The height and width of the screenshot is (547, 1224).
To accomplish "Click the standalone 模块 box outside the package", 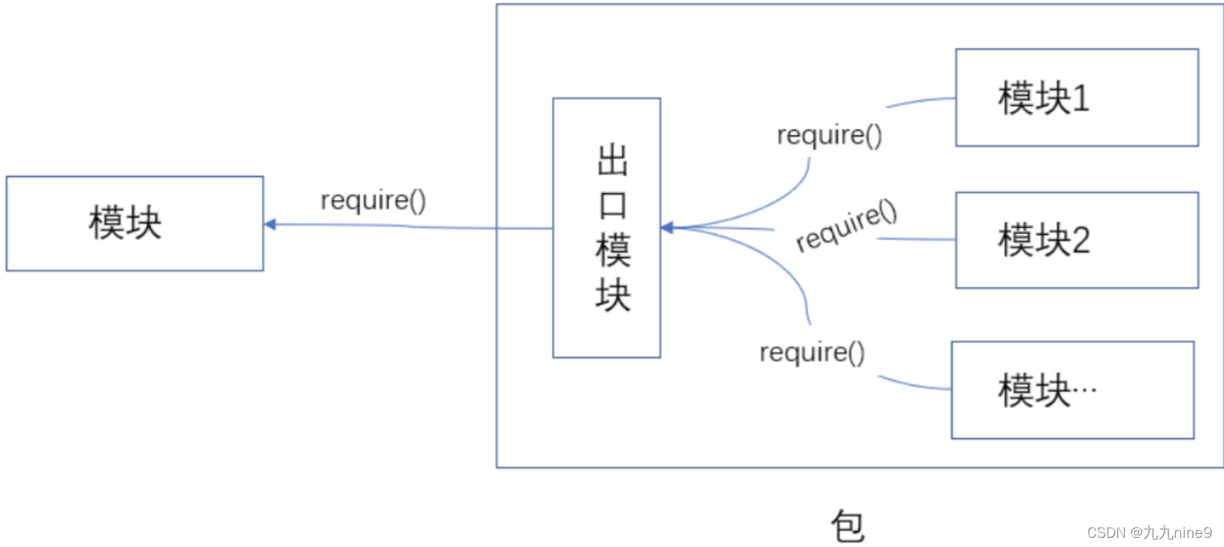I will [135, 223].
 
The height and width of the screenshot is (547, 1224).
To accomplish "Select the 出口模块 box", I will [606, 227].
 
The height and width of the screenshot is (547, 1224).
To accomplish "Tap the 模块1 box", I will [1076, 98].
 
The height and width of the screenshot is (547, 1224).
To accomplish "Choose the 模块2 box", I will [1076, 240].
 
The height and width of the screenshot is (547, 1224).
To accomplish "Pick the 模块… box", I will [1072, 390].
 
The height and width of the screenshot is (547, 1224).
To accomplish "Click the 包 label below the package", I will [847, 527].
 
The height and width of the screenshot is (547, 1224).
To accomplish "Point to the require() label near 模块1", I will [829, 135].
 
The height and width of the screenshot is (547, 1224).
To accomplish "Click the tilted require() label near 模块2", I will [846, 226].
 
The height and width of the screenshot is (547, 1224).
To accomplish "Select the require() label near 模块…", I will [812, 352].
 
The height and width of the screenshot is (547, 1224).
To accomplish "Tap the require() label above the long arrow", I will [373, 200].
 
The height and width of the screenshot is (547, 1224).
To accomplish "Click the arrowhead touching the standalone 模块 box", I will [270, 225].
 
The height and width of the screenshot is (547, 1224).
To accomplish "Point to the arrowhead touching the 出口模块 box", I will [667, 228].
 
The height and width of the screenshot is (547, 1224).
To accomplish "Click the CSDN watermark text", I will [1149, 532].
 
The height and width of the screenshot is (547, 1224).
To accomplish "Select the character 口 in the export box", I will [612, 205].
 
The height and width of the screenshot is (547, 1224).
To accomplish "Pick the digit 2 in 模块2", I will [1081, 240].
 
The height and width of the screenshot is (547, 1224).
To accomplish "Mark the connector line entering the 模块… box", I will [916, 384].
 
